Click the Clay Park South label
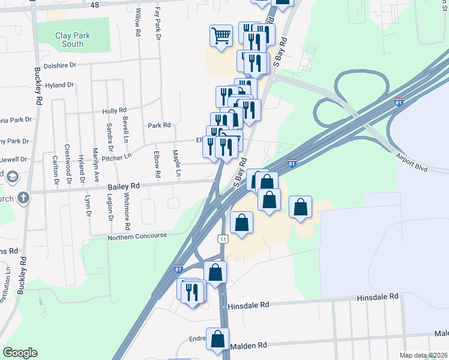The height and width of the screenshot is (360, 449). [x=73, y=40]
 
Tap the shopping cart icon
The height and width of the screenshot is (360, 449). [x=221, y=36]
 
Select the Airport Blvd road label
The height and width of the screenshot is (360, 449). [x=411, y=162]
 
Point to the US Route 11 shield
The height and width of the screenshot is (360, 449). [x=223, y=239]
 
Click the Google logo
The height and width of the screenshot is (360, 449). [x=20, y=353]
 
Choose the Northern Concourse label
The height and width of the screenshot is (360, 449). [x=137, y=236]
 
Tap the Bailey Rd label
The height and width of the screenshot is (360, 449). [x=124, y=187]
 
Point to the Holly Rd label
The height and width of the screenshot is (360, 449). [x=114, y=111]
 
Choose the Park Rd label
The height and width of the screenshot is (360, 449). [x=159, y=125]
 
